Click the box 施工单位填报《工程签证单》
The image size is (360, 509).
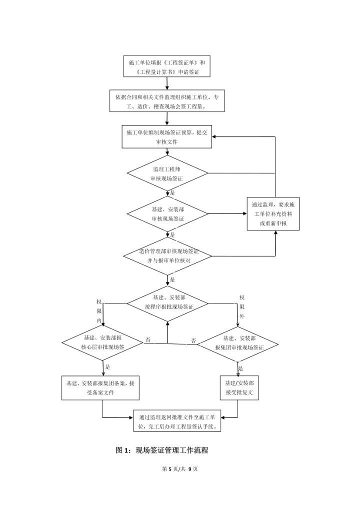point(166,67)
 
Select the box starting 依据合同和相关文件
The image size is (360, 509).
point(167,101)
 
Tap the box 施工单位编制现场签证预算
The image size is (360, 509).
point(167,137)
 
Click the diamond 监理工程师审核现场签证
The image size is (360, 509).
point(167,173)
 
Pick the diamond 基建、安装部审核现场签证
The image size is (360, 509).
point(167,214)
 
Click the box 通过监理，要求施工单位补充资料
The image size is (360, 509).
point(273,213)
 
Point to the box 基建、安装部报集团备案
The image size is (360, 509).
point(100,387)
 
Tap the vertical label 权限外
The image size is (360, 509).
point(241,308)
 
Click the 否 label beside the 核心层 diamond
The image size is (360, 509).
point(148,340)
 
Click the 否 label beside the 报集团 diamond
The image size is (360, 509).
point(193,340)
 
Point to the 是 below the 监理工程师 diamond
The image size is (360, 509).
point(172,192)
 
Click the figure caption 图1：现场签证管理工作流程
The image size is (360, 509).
point(162,450)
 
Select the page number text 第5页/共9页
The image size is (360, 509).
point(180,469)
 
